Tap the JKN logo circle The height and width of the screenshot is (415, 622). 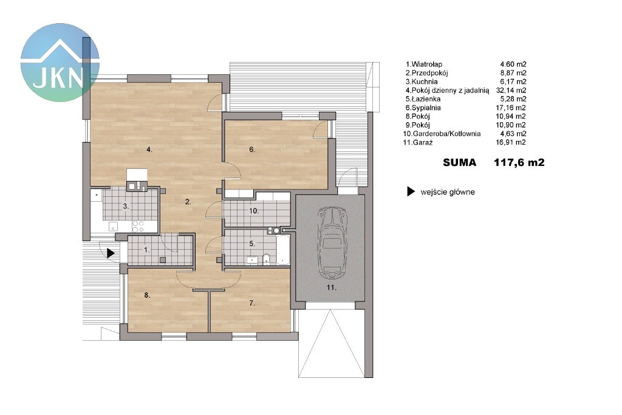[x=60, y=63]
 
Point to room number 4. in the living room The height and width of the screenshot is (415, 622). [x=149, y=149]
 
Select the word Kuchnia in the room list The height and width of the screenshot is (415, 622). [x=425, y=82]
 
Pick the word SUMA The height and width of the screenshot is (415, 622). [x=459, y=162]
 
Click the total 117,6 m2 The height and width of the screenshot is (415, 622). [x=519, y=162]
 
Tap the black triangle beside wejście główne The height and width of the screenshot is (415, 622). [x=411, y=192]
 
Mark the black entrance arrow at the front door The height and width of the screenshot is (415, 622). [x=111, y=253]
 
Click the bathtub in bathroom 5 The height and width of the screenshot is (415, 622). [x=283, y=250]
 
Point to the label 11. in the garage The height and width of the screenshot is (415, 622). [x=331, y=287]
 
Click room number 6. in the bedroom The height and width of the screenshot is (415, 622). [x=252, y=149]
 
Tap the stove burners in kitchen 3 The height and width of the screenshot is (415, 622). [x=138, y=227]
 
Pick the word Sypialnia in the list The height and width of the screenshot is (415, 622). [x=426, y=108]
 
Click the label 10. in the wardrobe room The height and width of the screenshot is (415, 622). [x=254, y=211]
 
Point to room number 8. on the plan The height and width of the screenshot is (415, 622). [x=147, y=295]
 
